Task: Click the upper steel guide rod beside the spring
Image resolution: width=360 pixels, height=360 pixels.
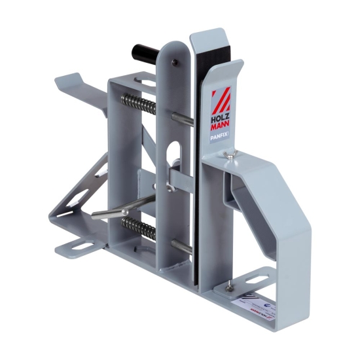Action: coord(183,118)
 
